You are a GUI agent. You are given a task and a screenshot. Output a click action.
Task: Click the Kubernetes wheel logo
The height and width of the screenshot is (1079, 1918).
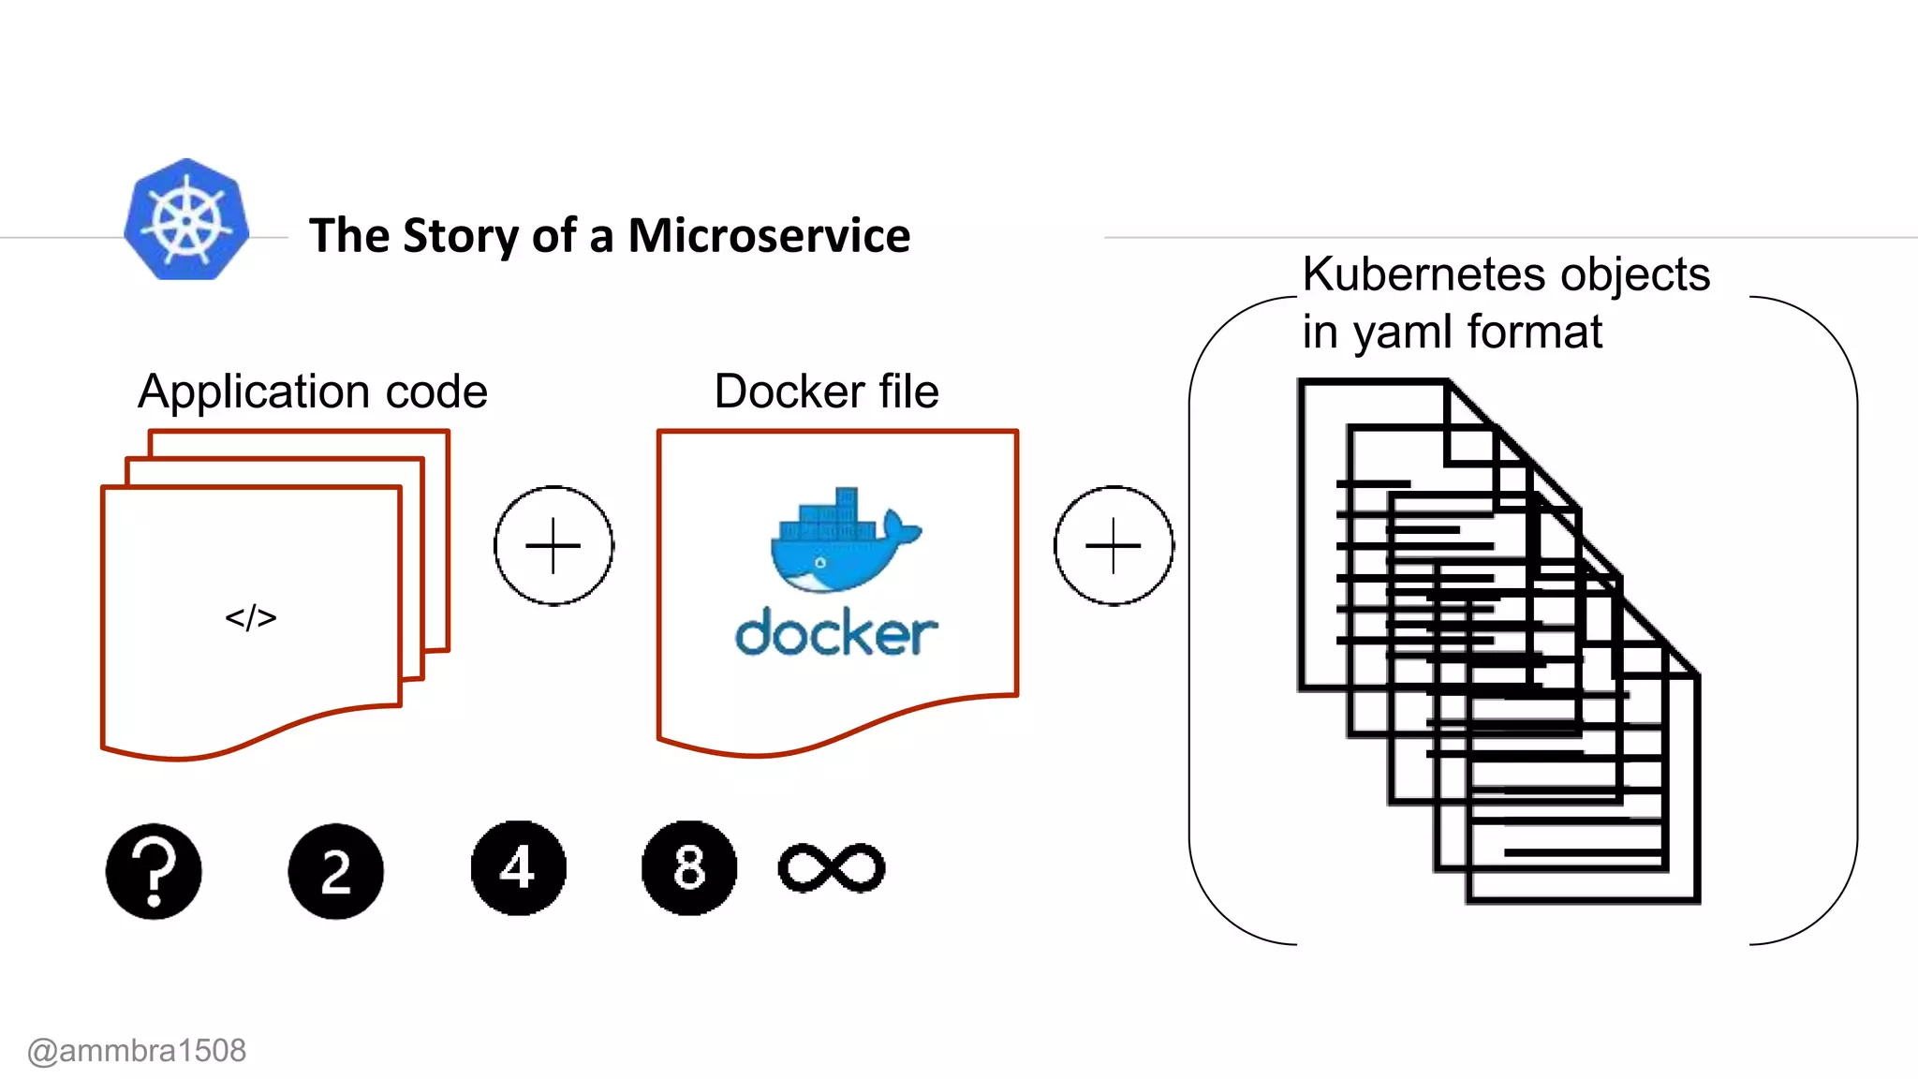(x=186, y=220)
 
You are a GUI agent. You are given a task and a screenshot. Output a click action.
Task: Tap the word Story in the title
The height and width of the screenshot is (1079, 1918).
(x=459, y=235)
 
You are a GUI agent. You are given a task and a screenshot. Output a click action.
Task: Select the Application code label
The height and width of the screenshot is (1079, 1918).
(x=312, y=392)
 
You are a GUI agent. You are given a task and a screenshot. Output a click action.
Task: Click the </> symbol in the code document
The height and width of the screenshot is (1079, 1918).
(x=251, y=617)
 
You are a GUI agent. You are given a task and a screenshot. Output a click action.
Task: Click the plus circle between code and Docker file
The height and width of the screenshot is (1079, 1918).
(x=553, y=545)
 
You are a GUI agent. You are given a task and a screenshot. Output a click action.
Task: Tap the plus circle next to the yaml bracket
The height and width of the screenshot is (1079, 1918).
(x=1113, y=545)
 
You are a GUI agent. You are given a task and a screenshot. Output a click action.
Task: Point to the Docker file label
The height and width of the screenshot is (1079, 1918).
(x=826, y=392)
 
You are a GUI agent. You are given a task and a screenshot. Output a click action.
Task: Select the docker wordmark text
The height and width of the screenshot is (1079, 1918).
(x=835, y=634)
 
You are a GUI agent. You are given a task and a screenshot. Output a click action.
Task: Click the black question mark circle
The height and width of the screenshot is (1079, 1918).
(x=154, y=871)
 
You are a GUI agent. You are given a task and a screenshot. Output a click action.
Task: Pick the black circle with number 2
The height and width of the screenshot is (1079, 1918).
(x=335, y=871)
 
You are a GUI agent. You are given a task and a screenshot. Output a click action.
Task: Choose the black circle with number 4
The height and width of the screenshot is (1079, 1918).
(x=518, y=868)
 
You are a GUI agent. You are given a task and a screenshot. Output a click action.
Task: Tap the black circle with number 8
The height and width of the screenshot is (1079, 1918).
(x=689, y=868)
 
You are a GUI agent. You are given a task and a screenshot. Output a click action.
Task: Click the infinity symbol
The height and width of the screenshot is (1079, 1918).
(x=832, y=868)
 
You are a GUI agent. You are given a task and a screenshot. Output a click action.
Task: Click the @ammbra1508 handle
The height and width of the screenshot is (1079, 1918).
(x=137, y=1051)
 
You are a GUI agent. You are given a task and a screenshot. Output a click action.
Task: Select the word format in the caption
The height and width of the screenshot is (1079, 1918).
(x=1535, y=333)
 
